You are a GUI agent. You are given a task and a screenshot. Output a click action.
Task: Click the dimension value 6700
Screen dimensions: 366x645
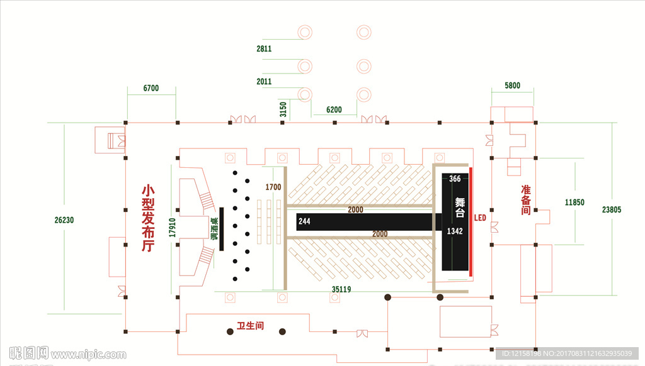click(x=151, y=89)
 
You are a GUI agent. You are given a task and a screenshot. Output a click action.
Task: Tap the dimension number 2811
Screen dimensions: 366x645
click(x=264, y=48)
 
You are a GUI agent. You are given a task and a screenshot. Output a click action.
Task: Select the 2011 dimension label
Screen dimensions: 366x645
click(x=264, y=82)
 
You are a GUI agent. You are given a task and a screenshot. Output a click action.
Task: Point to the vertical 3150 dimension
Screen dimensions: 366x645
click(x=283, y=109)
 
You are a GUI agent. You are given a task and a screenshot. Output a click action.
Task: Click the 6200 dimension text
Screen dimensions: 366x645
click(x=334, y=110)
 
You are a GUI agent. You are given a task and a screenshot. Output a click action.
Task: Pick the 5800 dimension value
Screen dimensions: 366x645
click(x=512, y=86)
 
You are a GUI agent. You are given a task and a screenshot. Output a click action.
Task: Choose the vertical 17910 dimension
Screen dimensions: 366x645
click(x=171, y=227)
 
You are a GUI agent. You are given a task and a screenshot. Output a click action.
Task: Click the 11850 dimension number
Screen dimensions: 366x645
click(x=574, y=202)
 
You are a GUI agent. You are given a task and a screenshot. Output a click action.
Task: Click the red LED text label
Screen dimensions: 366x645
click(x=480, y=218)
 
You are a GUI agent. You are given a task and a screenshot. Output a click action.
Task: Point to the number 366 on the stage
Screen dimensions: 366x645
click(x=455, y=179)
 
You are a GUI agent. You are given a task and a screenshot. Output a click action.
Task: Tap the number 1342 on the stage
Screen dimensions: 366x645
click(x=455, y=231)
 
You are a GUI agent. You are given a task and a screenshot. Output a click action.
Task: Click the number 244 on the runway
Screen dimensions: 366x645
click(x=304, y=221)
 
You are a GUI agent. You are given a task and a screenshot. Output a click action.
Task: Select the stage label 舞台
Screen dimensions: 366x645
click(x=460, y=208)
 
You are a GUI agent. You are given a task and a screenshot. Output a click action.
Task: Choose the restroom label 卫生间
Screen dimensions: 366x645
click(x=250, y=326)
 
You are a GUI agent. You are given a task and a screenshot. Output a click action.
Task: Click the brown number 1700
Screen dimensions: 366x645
click(x=273, y=187)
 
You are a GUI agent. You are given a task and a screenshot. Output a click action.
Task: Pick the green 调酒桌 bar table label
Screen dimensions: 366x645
click(x=214, y=230)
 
